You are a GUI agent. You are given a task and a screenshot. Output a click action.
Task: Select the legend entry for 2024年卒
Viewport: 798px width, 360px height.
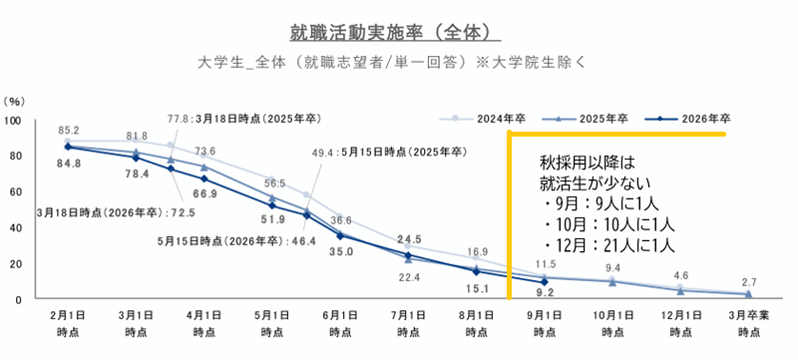click(x=491, y=117)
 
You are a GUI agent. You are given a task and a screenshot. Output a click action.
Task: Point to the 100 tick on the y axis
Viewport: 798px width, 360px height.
click(x=14, y=121)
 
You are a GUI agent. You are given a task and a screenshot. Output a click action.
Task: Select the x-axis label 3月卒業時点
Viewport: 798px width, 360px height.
click(x=749, y=323)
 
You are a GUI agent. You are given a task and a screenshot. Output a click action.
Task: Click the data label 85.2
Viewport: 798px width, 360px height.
click(x=69, y=130)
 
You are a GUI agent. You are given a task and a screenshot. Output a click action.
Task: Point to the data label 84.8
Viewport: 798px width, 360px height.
click(x=69, y=166)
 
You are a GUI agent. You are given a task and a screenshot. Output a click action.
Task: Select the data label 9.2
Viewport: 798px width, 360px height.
click(x=545, y=293)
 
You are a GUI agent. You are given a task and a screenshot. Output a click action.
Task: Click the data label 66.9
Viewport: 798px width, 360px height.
click(x=204, y=193)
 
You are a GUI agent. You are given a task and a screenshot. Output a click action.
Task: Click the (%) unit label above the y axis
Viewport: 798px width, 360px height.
click(x=15, y=102)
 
